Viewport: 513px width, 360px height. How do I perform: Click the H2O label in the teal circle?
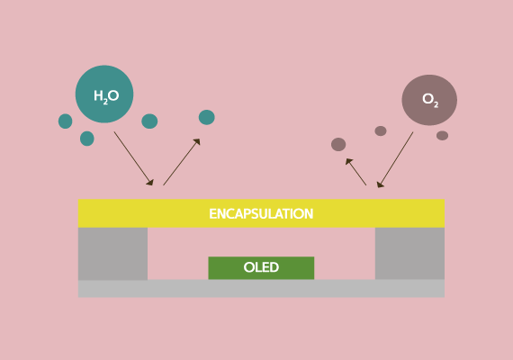pyautogui.click(x=106, y=96)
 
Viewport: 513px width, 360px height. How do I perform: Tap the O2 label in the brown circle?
pyautogui.click(x=430, y=100)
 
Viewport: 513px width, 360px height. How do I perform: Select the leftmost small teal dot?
pyautogui.click(x=66, y=121)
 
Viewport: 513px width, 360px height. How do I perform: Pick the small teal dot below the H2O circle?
pyautogui.click(x=87, y=139)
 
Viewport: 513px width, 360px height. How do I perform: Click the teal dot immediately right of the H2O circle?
pyautogui.click(x=149, y=121)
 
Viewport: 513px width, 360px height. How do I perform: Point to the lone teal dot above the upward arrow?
pyautogui.click(x=207, y=117)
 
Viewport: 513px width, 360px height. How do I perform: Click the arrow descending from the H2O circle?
pyautogui.click(x=133, y=158)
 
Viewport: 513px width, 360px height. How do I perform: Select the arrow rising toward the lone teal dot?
pyautogui.click(x=182, y=162)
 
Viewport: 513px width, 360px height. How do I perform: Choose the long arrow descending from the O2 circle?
pyautogui.click(x=395, y=159)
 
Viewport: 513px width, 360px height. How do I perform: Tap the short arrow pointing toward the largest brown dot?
pyautogui.click(x=356, y=172)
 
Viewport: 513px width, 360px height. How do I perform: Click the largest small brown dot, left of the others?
pyautogui.click(x=338, y=144)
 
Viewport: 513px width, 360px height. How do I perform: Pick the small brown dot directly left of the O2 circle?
pyautogui.click(x=381, y=130)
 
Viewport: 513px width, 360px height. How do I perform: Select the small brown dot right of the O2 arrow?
pyautogui.click(x=442, y=136)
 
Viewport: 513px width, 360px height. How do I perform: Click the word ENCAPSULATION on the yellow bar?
pyautogui.click(x=261, y=213)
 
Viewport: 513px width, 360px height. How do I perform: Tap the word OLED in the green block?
pyautogui.click(x=261, y=267)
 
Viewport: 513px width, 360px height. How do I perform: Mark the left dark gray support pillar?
pyautogui.click(x=112, y=254)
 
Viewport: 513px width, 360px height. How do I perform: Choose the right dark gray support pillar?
pyautogui.click(x=409, y=254)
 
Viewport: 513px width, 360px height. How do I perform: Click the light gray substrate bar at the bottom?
pyautogui.click(x=261, y=289)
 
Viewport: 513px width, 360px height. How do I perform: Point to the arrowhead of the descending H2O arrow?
pyautogui.click(x=150, y=182)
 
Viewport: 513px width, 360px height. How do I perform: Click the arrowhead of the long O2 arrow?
pyautogui.click(x=380, y=184)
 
